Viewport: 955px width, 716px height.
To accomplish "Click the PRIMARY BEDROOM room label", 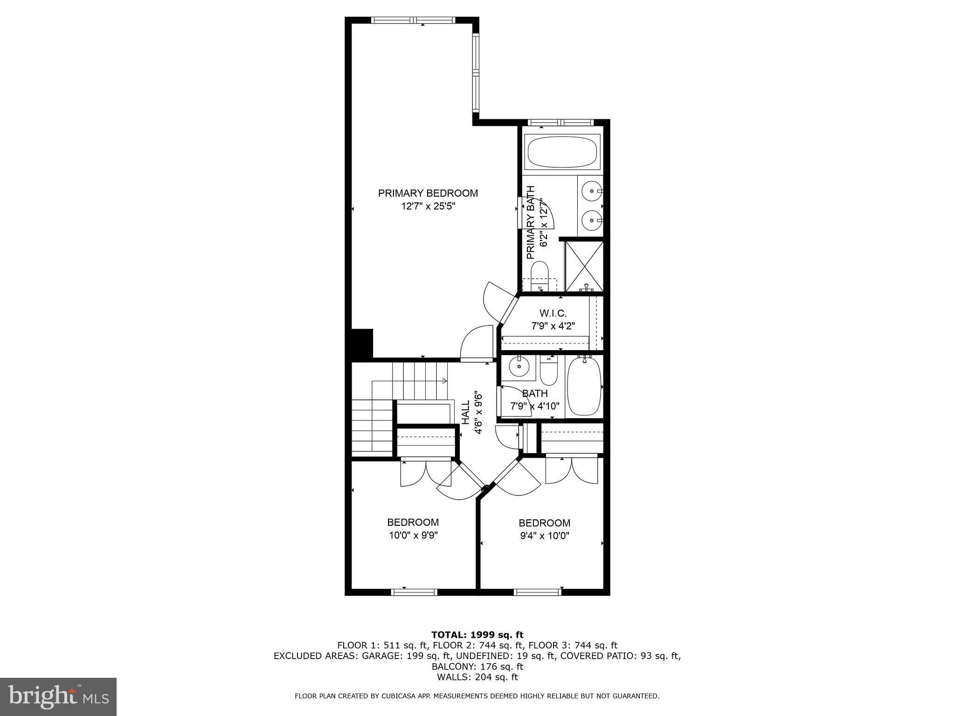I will pos(428,193).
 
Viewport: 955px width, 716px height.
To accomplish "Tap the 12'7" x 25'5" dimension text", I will pos(428,206).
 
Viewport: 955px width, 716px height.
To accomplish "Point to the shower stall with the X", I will pos(584,266).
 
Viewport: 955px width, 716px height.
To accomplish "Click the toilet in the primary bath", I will pos(540,275).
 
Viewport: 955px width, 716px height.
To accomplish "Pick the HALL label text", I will pos(466,413).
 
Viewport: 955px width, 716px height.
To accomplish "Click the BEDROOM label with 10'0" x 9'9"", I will pos(413,523).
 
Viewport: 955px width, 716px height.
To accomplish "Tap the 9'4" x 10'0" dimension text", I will pos(545,536).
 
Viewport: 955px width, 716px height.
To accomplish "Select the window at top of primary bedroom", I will pos(413,21).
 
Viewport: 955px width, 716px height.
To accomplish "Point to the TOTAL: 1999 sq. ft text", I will pos(477,635).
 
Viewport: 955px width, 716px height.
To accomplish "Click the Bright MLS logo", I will pos(58,696).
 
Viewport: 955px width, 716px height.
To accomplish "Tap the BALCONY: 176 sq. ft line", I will pos(477,667).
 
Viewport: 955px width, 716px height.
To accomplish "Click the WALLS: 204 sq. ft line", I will pos(477,677).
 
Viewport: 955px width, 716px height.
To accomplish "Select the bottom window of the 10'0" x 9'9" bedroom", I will pos(414,592).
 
